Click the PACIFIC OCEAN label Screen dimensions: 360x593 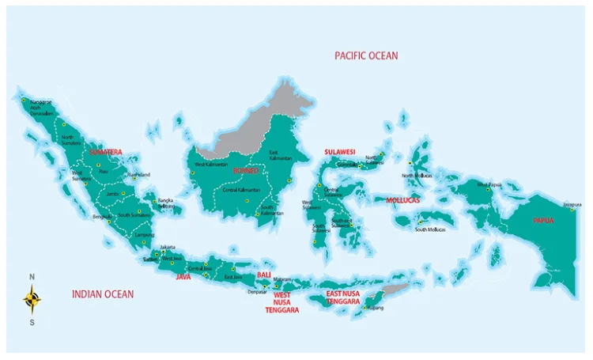point(366,55)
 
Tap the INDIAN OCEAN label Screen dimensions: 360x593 point(102,294)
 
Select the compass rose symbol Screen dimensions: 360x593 point(32,299)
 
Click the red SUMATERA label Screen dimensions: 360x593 point(105,151)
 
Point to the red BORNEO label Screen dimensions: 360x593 point(245,170)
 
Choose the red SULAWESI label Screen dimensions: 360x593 point(340,151)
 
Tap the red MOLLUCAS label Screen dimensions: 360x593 point(407,200)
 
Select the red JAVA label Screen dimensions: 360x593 point(183,277)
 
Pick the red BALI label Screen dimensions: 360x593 point(264,275)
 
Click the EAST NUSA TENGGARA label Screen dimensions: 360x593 point(344,297)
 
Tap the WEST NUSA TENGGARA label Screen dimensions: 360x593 point(281,302)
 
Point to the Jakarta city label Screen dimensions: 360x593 point(168,247)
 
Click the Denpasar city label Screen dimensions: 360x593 point(257,291)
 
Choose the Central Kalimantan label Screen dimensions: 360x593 point(243,190)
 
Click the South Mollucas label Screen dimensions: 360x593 point(430,229)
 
